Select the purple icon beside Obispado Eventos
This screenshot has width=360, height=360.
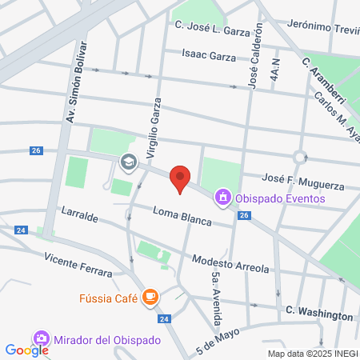pos(222,197)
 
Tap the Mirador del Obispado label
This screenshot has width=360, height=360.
pos(107,339)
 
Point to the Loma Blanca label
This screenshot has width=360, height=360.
pos(182,217)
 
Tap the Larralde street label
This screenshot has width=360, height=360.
pos(79,217)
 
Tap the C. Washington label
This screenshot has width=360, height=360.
pos(319,315)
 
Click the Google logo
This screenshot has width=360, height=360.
pos(26,350)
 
